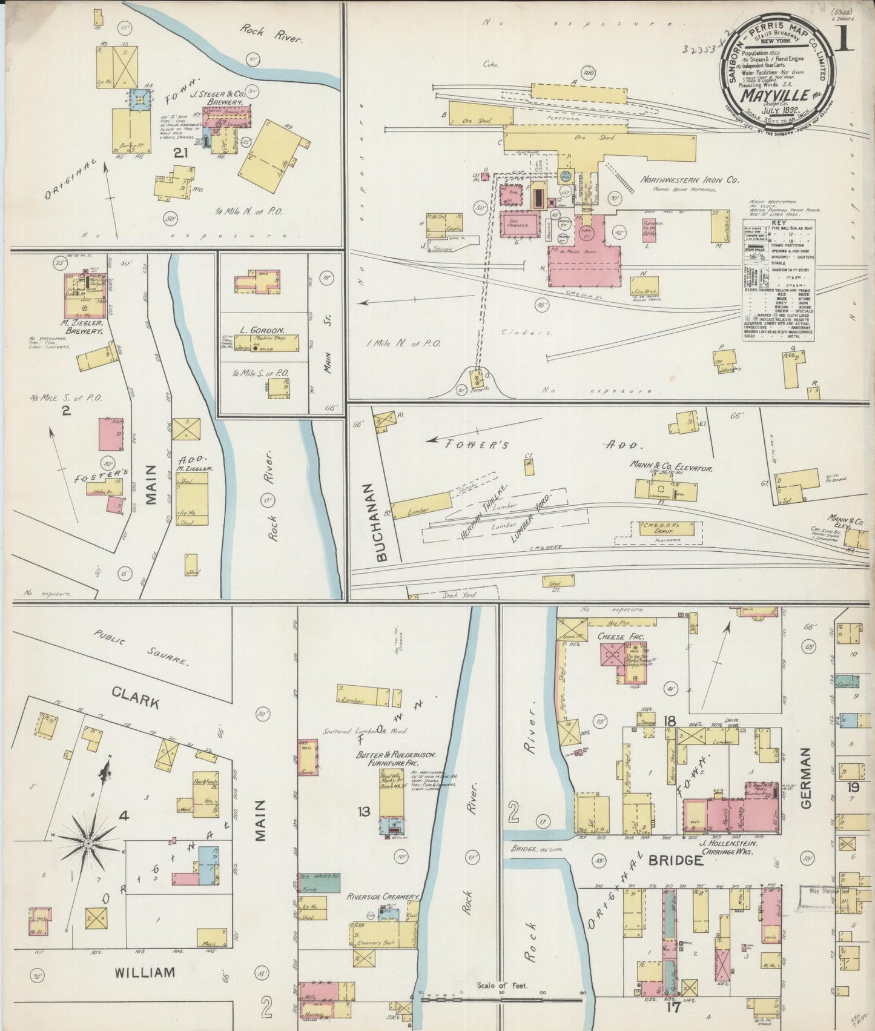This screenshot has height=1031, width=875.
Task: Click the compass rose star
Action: point(88,843)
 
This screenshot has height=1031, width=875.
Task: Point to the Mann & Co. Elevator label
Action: point(670,468)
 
